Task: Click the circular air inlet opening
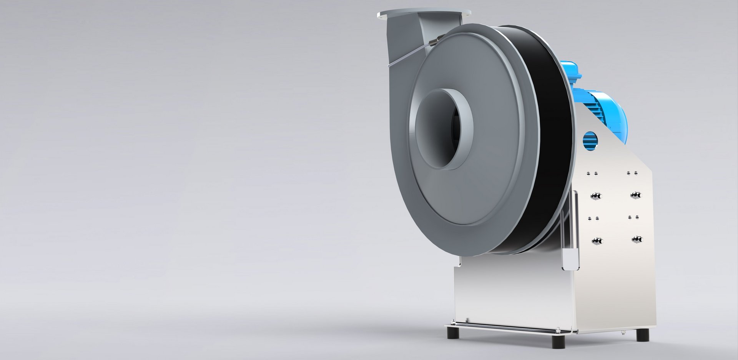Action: [442, 129]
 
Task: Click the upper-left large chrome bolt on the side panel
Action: [596, 196]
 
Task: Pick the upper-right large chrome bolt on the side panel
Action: [636, 195]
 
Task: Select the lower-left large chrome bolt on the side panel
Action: [597, 241]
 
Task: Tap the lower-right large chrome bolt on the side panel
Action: [637, 239]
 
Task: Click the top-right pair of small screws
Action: [632, 173]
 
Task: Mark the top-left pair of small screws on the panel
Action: [592, 173]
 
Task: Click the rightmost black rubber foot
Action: [643, 335]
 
